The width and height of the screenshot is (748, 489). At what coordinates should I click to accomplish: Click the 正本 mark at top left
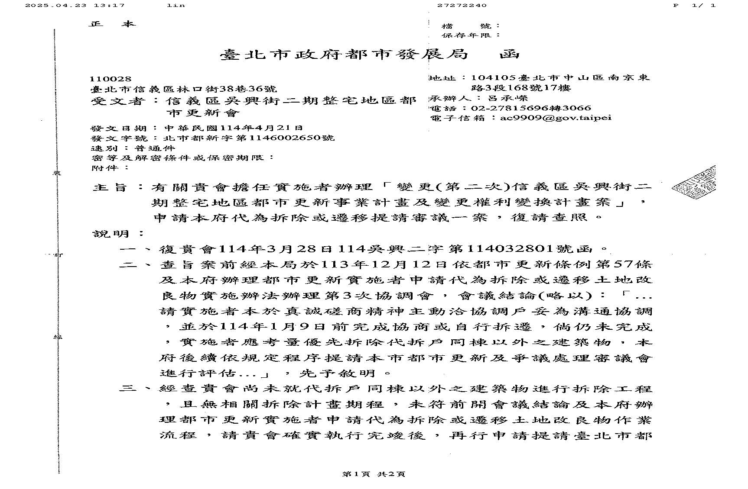(112, 24)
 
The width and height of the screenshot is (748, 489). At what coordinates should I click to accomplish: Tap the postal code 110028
(110, 79)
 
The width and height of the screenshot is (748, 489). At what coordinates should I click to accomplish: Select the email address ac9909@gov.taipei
(556, 118)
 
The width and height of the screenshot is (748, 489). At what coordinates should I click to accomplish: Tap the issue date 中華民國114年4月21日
(234, 128)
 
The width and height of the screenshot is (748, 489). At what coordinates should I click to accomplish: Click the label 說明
(111, 234)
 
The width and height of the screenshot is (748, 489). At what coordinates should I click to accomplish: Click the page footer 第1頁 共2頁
(373, 474)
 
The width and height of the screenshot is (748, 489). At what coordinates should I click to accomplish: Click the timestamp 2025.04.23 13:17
(75, 5)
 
